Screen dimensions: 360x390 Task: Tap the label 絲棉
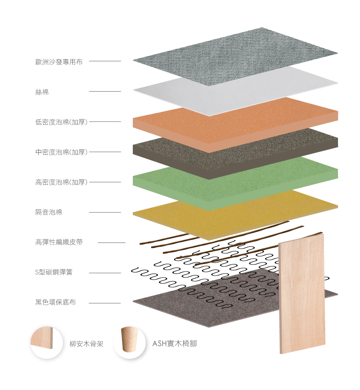tap(42, 92)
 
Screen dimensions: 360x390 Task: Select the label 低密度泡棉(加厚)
tap(61, 122)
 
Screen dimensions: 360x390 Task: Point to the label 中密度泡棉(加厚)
tap(61, 152)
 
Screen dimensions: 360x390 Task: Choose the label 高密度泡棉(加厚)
tap(61, 182)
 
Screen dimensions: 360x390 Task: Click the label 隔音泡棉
tap(49, 212)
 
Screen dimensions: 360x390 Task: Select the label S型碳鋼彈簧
tap(54, 272)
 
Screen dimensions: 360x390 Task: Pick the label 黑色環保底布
tap(55, 302)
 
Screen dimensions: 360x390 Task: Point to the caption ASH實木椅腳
tap(175, 344)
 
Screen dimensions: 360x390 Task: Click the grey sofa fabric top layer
tap(236, 56)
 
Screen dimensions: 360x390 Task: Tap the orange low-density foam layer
tap(236, 120)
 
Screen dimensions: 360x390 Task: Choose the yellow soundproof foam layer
tap(208, 216)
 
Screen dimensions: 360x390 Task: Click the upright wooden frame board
tap(302, 294)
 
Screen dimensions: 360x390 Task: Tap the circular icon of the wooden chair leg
tap(129, 342)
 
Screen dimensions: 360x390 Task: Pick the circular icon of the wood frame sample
tap(46, 342)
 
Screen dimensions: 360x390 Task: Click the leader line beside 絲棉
tap(105, 92)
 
